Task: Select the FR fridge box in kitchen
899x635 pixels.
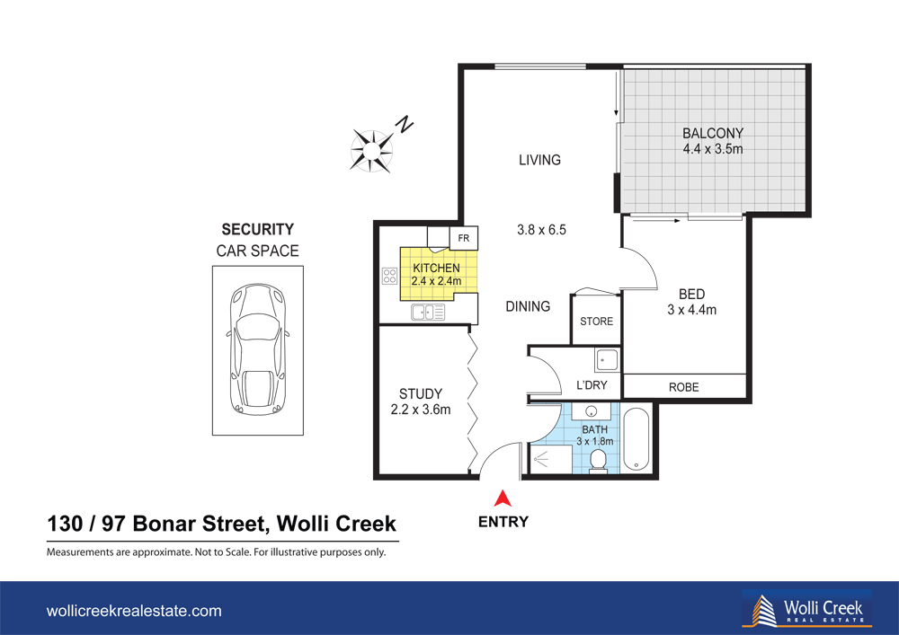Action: tap(465, 239)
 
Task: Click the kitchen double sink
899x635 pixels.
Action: tap(429, 313)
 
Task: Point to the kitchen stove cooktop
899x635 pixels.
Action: tap(390, 277)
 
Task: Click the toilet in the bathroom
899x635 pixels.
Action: tap(597, 460)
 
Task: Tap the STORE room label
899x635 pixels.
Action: tap(596, 322)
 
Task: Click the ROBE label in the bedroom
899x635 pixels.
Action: tap(683, 387)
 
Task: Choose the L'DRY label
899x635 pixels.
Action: tap(592, 385)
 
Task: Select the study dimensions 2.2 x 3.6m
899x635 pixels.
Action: tap(421, 410)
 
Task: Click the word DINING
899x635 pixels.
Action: tap(528, 306)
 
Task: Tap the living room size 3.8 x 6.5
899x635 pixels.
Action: tap(541, 230)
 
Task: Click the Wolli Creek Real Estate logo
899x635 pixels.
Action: tap(806, 609)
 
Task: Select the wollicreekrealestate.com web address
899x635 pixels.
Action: tap(134, 611)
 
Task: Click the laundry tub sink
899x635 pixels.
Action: tap(605, 360)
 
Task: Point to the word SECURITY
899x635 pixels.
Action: tap(257, 230)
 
